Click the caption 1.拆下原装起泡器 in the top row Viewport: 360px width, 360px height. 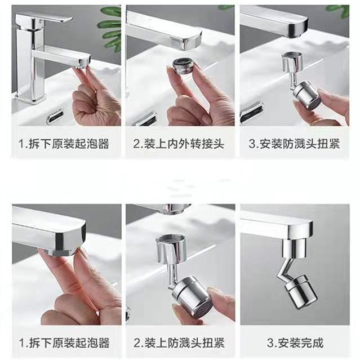64,144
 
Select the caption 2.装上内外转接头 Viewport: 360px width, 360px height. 179,144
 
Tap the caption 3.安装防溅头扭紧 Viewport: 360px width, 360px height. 294,144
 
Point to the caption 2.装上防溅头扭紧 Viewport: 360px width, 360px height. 179,343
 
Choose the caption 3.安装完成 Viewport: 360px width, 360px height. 295,343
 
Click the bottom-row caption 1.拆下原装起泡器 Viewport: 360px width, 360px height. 64,343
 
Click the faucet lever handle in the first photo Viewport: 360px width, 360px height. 43,19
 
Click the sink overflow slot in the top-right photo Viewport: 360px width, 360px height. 252,114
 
